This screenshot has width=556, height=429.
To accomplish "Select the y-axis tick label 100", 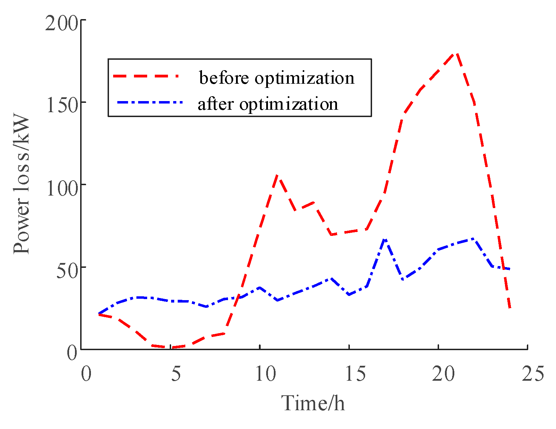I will (61, 188).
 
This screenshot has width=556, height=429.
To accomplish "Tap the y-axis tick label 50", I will (66, 271).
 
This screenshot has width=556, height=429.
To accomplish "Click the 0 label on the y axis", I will (72, 353).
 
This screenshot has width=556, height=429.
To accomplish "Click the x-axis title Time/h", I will (313, 403).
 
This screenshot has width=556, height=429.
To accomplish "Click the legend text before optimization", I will (277, 77).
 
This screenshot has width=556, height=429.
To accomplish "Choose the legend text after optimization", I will (268, 104).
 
